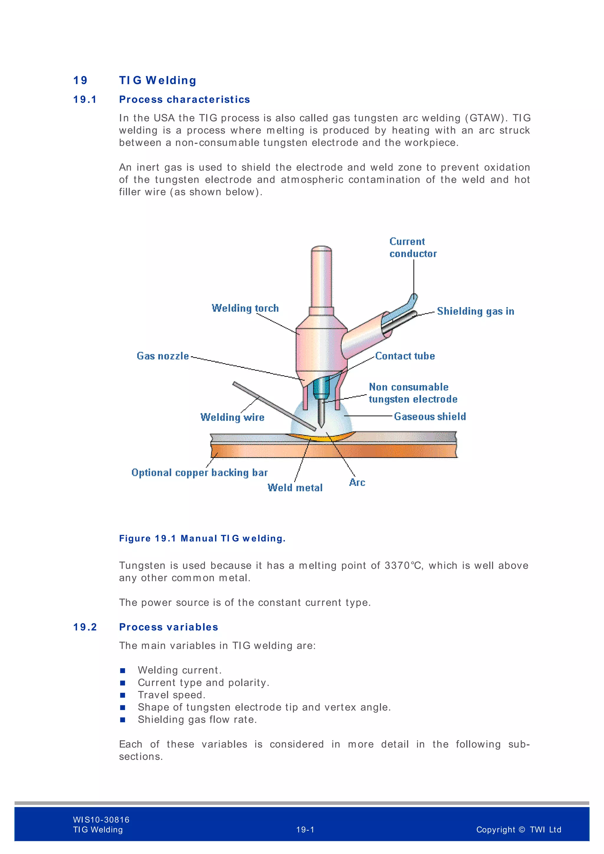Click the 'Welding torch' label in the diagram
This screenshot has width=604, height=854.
245,308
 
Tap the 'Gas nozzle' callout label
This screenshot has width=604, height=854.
163,356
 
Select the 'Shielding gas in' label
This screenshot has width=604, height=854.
475,311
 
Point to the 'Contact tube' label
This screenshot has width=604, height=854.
405,356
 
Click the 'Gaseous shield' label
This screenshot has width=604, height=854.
430,417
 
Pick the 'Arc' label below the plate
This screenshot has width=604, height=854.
357,482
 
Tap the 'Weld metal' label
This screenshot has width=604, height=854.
295,488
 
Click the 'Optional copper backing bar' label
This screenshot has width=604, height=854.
199,473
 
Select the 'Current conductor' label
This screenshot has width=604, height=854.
413,248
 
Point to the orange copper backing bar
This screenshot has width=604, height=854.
335,451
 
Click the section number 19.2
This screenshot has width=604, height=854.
85,627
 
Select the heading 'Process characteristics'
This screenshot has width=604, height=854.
184,100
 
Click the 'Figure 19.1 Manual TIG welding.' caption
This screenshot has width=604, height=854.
202,538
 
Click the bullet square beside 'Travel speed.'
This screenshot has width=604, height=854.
123,695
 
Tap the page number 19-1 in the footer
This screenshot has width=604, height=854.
305,830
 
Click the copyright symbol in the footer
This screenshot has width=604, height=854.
522,830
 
